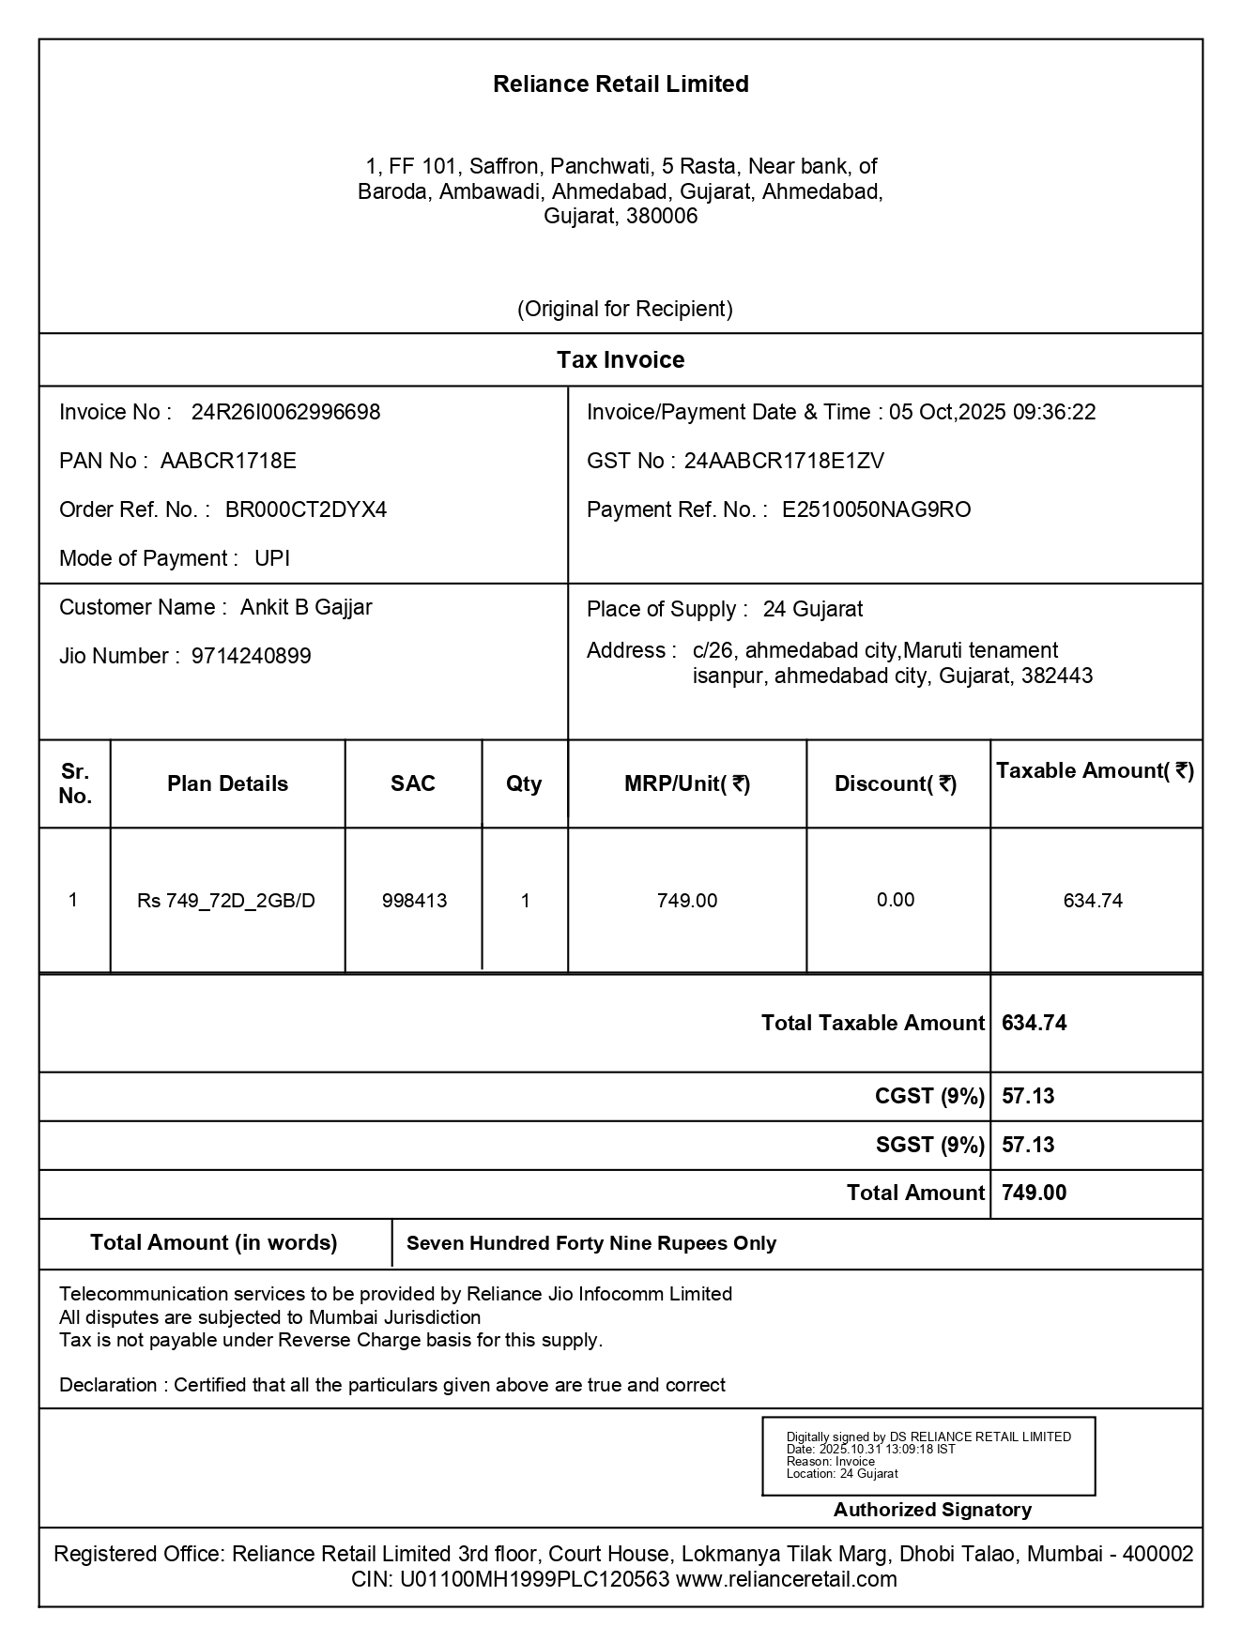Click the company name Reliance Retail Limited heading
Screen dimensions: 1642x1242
pos(621,84)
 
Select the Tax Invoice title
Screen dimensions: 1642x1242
pos(621,360)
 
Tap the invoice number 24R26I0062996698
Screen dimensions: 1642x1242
pos(285,413)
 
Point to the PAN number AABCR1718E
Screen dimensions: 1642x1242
pos(228,462)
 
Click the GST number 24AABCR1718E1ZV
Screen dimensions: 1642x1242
pos(784,462)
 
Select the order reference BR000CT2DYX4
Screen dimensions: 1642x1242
pos(306,510)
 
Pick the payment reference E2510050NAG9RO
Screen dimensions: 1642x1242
pos(876,510)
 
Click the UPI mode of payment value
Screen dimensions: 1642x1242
pos(272,559)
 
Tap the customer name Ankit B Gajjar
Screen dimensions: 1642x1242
pos(306,608)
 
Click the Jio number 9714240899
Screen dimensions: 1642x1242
pos(252,657)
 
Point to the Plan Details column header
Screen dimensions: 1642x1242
pos(227,784)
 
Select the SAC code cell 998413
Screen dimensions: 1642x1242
pos(414,902)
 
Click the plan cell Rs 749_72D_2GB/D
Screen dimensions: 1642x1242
pos(226,902)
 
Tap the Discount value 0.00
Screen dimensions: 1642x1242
pos(896,901)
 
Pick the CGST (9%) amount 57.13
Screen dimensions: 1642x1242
pos(1028,1097)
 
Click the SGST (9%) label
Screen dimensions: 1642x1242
pos(929,1146)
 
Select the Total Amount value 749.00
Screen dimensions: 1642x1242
pos(1034,1193)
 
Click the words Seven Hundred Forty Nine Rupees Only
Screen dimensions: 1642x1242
pos(591,1244)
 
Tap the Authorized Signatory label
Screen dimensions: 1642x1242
pos(932,1510)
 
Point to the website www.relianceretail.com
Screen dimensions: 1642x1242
pos(786,1580)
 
